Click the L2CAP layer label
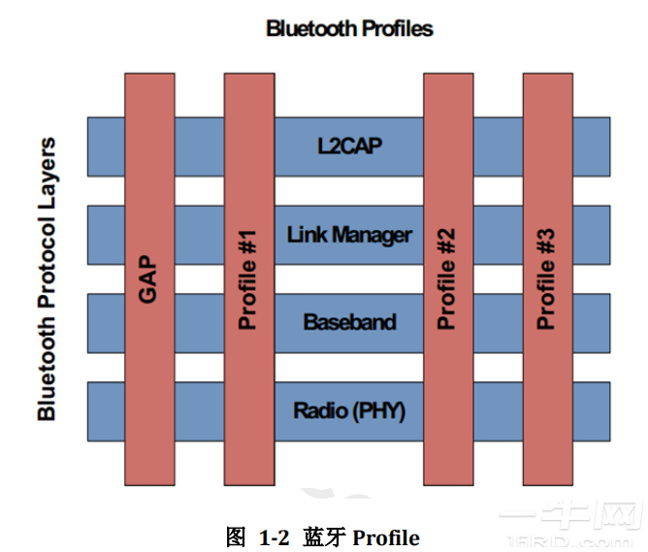tap(349, 146)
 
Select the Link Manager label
tap(349, 235)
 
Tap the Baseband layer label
tap(349, 322)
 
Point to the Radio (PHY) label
tap(349, 410)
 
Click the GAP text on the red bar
tap(148, 279)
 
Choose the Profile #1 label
tap(248, 279)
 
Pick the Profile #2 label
tap(447, 279)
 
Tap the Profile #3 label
tap(547, 279)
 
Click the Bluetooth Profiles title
tap(349, 28)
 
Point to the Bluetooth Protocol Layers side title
tap(47, 279)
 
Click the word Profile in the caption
tap(385, 536)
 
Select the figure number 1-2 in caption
tap(275, 536)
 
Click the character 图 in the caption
tap(236, 536)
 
